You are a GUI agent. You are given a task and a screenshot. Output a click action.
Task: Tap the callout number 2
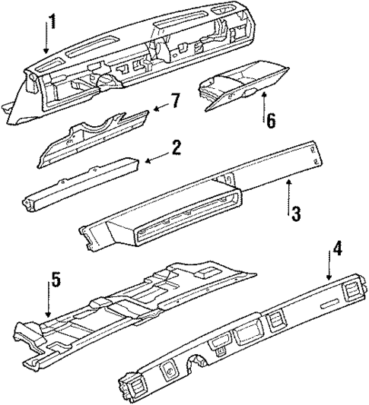176,147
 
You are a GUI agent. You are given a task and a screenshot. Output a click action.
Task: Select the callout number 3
296,214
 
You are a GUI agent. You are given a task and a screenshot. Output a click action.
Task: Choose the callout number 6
269,121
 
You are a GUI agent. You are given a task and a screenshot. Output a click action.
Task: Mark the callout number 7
175,101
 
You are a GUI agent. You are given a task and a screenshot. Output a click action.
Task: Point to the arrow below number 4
329,270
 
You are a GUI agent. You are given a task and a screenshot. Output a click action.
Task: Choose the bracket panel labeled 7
91,139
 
